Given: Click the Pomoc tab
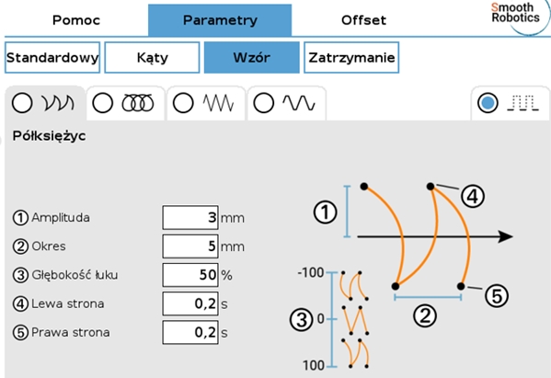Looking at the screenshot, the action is pyautogui.click(x=76, y=20).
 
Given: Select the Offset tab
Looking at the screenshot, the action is pyautogui.click(x=363, y=20).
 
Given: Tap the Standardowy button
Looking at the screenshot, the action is pyautogui.click(x=52, y=58).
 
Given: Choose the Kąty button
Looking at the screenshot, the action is pyautogui.click(x=152, y=58).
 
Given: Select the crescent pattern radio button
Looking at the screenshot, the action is pyautogui.click(x=22, y=103).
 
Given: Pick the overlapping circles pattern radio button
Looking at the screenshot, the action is pyautogui.click(x=103, y=103).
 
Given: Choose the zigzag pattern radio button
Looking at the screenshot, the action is pyautogui.click(x=183, y=103).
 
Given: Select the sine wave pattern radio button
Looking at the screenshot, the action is pyautogui.click(x=264, y=103).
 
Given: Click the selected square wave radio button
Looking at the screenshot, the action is pyautogui.click(x=488, y=103).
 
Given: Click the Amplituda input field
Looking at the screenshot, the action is pyautogui.click(x=190, y=218).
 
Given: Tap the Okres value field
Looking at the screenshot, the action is pyautogui.click(x=190, y=246).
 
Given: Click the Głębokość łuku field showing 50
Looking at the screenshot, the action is pyautogui.click(x=190, y=275).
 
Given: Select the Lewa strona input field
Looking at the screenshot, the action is pyautogui.click(x=190, y=304).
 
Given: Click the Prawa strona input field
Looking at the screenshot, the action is pyautogui.click(x=190, y=332).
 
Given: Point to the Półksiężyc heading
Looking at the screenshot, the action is pyautogui.click(x=49, y=136).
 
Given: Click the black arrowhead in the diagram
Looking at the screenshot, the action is pyautogui.click(x=506, y=236).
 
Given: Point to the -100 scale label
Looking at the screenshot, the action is pyautogui.click(x=311, y=272).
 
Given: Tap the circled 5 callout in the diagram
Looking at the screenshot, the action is pyautogui.click(x=497, y=295).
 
